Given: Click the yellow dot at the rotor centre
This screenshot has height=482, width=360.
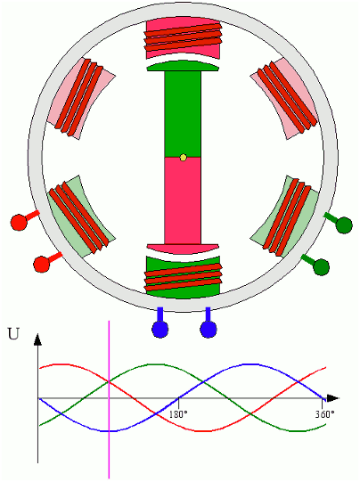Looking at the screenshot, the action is point(184,158).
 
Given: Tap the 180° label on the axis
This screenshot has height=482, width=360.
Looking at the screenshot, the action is point(178,414).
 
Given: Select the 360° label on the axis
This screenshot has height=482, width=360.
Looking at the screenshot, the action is point(324,414).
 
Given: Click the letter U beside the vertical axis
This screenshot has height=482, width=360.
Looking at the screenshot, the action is point(13,334).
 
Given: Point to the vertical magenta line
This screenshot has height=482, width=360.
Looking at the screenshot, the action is point(109,400).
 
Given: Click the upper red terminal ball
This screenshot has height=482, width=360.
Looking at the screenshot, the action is point(19,222).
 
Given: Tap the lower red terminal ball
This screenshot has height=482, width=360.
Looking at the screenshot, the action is point(42,264).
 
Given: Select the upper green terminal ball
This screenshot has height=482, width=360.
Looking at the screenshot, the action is point(344,225).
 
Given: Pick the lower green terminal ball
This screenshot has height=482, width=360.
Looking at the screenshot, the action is point(321,266).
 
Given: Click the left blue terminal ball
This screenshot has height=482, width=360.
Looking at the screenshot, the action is point(160,330).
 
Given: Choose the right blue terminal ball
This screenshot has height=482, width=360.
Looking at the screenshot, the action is point(209,330).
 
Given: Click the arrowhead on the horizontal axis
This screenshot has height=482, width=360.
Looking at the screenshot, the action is point(332,398).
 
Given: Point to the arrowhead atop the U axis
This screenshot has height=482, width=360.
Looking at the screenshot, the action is point(37,339).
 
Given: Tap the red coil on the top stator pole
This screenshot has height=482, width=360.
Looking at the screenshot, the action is point(184,37).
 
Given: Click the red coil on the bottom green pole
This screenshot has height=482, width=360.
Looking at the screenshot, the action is point(184,277).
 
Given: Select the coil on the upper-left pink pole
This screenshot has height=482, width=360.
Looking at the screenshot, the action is point(79,97).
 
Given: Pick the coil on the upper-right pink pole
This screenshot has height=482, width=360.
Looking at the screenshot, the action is point(287,97).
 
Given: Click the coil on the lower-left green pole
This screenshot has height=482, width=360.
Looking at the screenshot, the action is point(79,216).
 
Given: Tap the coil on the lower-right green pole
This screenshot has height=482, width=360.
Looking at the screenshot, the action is point(287,217).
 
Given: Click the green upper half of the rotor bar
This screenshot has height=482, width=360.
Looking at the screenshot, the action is point(183,114).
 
